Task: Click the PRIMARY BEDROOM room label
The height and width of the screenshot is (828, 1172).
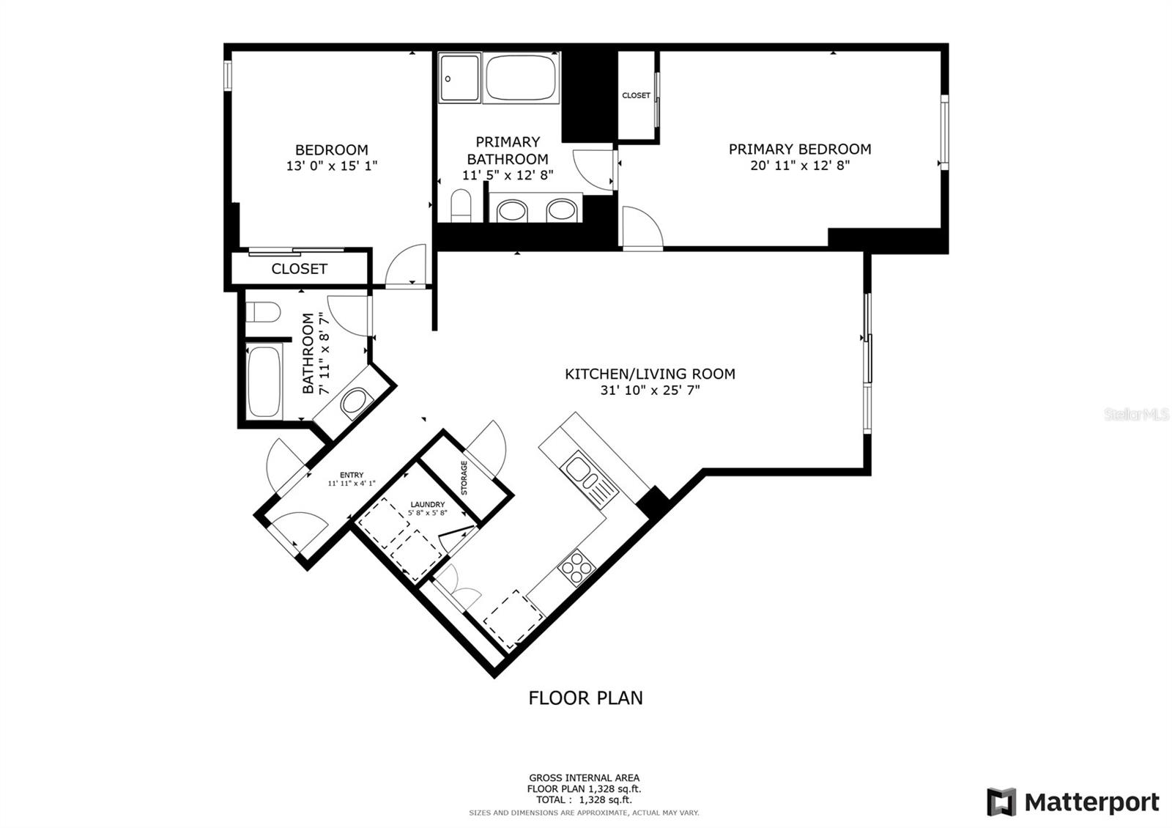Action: click(x=800, y=149)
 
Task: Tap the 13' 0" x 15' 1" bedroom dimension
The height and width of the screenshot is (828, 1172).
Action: click(x=332, y=166)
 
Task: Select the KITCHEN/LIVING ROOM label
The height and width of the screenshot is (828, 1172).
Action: click(x=650, y=374)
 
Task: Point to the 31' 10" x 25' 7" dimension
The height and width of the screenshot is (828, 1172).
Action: click(x=650, y=390)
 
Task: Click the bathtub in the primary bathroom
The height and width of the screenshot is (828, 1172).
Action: click(x=521, y=78)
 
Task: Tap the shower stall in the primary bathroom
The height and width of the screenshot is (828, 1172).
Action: click(x=459, y=78)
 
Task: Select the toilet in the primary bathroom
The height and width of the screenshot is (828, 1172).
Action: click(x=461, y=206)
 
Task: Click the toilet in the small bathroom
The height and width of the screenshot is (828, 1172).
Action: click(x=263, y=312)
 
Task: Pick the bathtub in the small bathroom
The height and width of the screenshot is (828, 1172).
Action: click(x=264, y=382)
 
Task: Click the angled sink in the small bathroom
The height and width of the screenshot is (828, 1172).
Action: click(x=354, y=402)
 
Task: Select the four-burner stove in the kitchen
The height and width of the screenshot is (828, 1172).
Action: click(x=576, y=567)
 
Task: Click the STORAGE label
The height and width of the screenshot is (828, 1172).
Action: click(x=464, y=477)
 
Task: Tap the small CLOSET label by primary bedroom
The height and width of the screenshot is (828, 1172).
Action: click(x=637, y=95)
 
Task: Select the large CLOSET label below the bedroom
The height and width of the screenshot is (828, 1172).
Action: click(x=300, y=269)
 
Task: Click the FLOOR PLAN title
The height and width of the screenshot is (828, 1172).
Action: click(x=585, y=698)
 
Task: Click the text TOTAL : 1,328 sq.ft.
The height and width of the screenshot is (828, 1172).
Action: click(x=584, y=799)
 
